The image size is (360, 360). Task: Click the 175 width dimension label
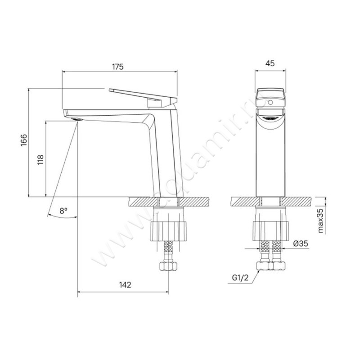pyautogui.click(x=117, y=67)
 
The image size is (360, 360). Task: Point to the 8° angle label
pyautogui.click(x=63, y=210)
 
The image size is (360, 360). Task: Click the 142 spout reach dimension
pyautogui.click(x=125, y=284)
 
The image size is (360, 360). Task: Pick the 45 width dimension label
pyautogui.click(x=270, y=63)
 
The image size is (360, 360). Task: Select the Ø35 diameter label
pyautogui.click(x=300, y=243)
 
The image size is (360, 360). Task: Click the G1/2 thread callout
pyautogui.click(x=241, y=278)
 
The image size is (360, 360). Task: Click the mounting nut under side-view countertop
pyautogui.click(x=167, y=229)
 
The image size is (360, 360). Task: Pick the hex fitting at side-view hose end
pyautogui.click(x=167, y=266)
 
